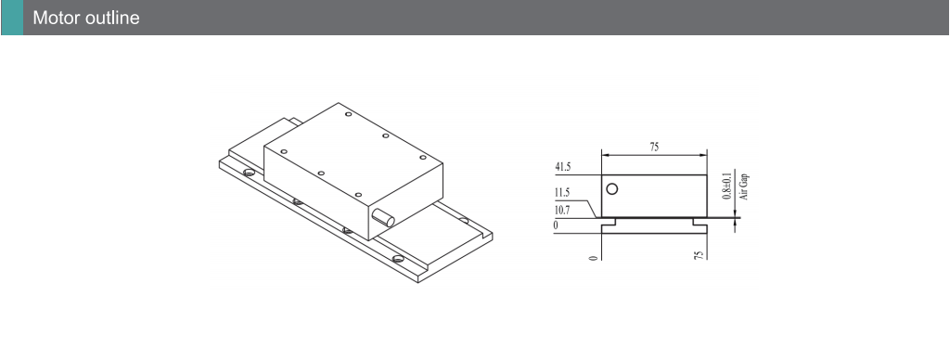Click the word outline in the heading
(x=112, y=18)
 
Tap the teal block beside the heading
(x=12, y=18)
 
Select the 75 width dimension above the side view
(x=654, y=147)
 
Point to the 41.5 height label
(x=563, y=167)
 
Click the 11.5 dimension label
(x=562, y=193)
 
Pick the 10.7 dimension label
(x=562, y=211)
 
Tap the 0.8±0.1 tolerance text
(x=727, y=186)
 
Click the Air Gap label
(x=745, y=186)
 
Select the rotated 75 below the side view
(x=699, y=256)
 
